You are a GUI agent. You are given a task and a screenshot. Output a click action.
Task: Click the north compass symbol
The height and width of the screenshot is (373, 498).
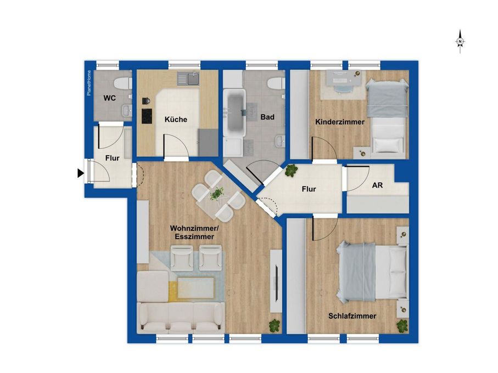[x=461, y=42]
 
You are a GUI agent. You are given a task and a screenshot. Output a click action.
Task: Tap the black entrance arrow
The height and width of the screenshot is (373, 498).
[x=81, y=173]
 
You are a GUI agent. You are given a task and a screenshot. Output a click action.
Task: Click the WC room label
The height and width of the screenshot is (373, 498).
[x=109, y=99]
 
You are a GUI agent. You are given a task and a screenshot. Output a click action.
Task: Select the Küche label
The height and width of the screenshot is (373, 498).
[x=176, y=119]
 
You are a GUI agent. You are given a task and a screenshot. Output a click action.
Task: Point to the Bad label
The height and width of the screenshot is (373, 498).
[x=267, y=117]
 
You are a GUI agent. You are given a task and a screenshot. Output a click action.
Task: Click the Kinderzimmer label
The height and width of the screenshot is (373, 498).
[x=339, y=122]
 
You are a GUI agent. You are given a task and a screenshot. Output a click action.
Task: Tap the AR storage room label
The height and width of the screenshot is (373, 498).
[x=378, y=185]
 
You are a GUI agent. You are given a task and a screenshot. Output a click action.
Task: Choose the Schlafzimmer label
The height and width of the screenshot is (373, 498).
[x=352, y=316]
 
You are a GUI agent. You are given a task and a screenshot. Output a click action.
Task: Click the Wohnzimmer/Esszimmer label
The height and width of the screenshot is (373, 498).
[x=192, y=232]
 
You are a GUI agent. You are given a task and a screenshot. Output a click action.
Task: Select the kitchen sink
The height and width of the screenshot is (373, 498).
[x=192, y=79]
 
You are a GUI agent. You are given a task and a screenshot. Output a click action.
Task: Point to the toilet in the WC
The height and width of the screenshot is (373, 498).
[x=121, y=83]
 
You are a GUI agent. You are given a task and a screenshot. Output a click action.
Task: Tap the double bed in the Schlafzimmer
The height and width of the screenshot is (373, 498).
[x=372, y=272]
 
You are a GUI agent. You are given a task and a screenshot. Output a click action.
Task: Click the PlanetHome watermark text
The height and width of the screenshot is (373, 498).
[x=88, y=83]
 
